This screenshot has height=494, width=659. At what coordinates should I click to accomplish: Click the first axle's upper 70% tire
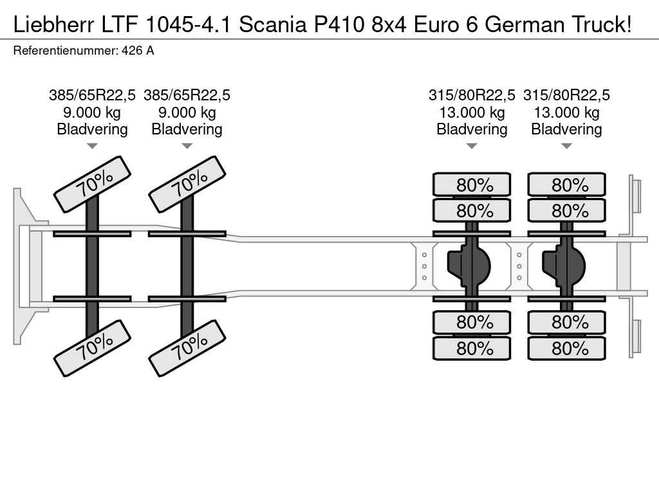pos(93,184)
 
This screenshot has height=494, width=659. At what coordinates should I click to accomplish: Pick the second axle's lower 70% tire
pos(187,347)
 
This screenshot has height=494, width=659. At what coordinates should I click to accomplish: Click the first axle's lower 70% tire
pos(93,347)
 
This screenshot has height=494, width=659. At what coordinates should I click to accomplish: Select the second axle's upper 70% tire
pos(187,184)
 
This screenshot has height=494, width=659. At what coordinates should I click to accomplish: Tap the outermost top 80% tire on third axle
pos(472,185)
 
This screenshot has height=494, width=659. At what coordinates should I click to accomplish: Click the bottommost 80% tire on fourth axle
pos(567,349)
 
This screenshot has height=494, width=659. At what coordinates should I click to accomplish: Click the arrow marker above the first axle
pos(92,146)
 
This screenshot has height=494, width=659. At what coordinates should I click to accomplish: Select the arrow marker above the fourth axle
pos(566,146)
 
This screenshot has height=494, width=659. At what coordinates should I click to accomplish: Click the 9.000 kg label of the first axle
pos(92,113)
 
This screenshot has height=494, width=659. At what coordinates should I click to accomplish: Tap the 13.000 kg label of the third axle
pos(472,113)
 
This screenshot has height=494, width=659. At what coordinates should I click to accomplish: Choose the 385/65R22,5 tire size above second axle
pos(187,95)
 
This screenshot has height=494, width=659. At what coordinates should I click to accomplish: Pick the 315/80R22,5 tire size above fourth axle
pos(566,95)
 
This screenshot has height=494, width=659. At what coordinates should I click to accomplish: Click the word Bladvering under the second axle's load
pos(187,129)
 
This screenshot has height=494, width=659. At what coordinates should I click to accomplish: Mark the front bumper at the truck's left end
pos(23,266)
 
